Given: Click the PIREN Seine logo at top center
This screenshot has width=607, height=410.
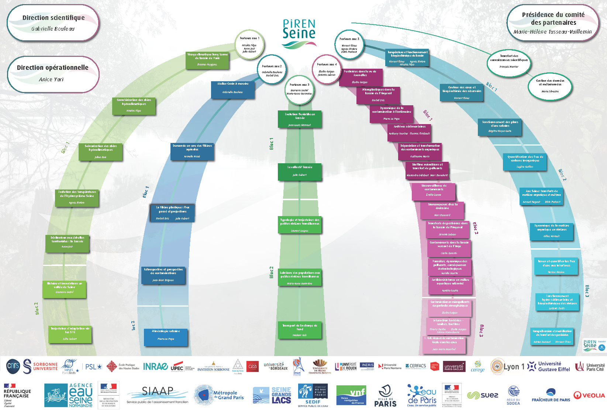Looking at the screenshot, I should [299, 33].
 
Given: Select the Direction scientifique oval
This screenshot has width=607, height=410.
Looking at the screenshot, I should [53, 23].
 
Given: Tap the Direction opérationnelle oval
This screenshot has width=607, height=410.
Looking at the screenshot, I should [53, 74].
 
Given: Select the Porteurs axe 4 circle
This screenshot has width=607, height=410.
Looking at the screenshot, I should [327, 69].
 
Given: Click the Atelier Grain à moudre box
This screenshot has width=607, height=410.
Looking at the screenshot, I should [233, 90].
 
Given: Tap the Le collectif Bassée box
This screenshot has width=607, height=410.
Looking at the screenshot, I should [300, 172].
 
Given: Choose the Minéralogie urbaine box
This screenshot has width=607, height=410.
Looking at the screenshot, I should [166, 337].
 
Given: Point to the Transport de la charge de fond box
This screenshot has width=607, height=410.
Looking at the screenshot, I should [300, 330].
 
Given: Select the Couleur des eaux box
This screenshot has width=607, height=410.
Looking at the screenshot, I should [462, 93].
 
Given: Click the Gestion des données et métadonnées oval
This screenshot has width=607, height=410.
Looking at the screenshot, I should [550, 86].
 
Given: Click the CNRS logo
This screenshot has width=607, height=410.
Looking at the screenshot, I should [13, 366].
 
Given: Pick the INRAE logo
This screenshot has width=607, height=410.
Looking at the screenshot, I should [155, 366].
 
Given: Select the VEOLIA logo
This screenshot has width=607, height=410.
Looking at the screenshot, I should [589, 396].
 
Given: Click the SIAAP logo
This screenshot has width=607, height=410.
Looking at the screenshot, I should [158, 394].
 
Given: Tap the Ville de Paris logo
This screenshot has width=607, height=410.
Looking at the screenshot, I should [385, 396].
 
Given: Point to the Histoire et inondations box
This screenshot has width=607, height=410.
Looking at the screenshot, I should [65, 289].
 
